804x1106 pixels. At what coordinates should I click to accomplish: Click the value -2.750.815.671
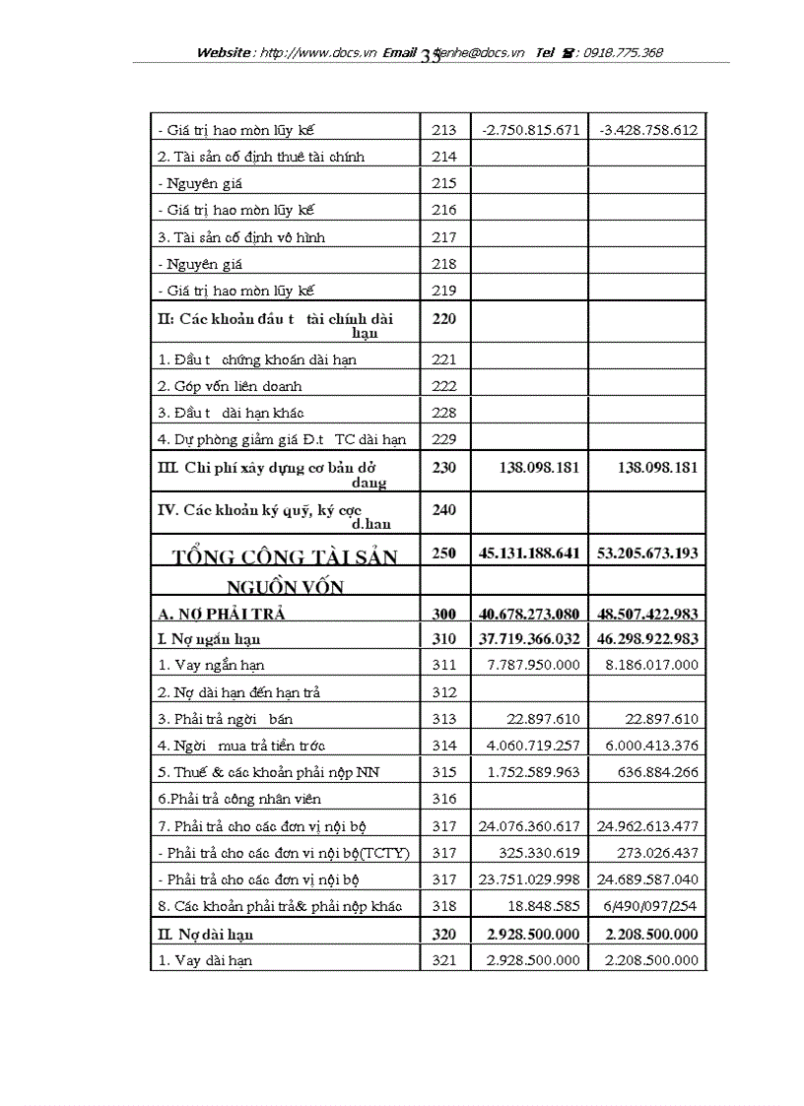tap(530, 130)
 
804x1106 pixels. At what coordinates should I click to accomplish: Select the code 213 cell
tap(444, 130)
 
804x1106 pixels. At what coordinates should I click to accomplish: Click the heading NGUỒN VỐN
tap(285, 587)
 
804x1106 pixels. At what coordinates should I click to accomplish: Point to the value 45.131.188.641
tap(530, 553)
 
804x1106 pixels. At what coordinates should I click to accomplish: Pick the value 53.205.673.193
tap(647, 553)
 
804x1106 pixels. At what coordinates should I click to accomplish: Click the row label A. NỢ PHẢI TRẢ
tap(221, 614)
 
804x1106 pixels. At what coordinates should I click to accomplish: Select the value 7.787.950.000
tap(533, 665)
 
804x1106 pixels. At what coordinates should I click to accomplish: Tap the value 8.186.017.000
tap(651, 665)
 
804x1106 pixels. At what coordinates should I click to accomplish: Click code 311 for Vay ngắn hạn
tap(444, 665)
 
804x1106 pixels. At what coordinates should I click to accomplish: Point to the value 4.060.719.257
tap(533, 746)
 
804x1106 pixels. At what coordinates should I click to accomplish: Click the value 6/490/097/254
tap(651, 906)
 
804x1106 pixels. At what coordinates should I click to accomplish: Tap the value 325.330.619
tap(539, 853)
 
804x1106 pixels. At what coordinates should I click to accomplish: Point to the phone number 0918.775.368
tap(623, 53)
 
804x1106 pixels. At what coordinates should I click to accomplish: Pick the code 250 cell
tap(444, 553)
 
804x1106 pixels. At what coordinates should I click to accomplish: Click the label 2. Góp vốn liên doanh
tap(231, 386)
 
